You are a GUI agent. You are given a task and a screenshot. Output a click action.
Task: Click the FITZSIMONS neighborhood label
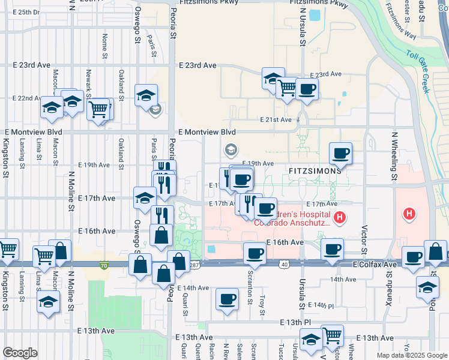coord(315,170)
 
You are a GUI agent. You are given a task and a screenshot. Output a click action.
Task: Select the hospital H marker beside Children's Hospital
coord(340,217)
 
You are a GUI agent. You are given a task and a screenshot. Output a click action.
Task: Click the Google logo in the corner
coord(20,352)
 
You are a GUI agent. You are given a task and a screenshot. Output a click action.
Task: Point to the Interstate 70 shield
coord(104,265)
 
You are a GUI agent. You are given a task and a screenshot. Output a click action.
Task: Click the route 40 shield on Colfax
coord(284,265)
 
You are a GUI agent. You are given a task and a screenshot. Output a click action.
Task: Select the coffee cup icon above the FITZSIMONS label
coord(341,153)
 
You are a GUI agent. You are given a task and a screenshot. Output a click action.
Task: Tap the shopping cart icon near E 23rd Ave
coord(288,88)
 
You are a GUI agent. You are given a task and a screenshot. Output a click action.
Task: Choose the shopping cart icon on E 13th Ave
coord(332,335)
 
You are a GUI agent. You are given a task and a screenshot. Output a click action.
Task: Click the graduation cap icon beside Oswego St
coord(146,95)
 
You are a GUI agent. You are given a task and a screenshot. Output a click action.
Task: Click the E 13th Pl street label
coord(299,322)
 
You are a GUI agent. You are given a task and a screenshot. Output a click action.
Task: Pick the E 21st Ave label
coord(276,120)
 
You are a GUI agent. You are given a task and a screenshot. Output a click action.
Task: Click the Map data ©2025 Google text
coord(411,355)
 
